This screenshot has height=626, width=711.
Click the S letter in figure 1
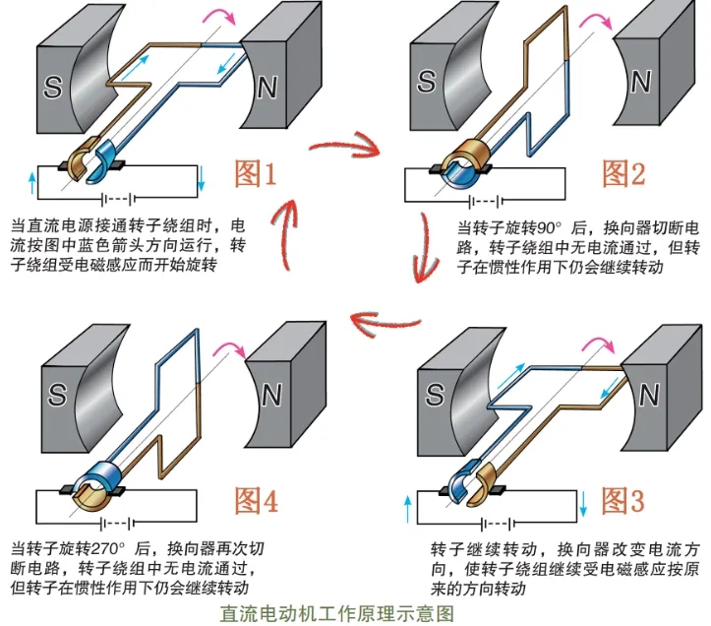click(x=55, y=89)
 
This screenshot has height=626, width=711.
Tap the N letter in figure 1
click(x=267, y=89)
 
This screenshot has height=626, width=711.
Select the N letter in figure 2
click(x=640, y=83)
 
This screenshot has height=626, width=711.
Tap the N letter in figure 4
click(x=267, y=396)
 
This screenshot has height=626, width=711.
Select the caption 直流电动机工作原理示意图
click(x=338, y=612)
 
